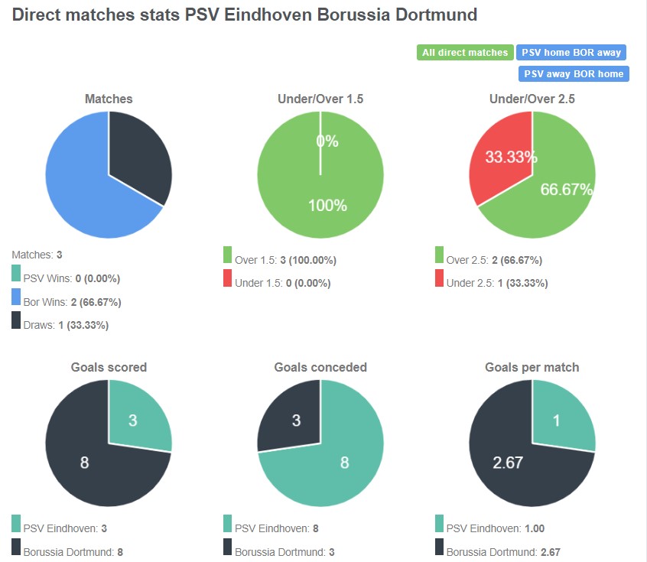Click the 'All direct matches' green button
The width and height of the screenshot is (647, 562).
[x=465, y=53]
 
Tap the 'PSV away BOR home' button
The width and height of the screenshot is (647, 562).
[x=574, y=74]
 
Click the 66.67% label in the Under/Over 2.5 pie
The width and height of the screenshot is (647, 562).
[x=567, y=190]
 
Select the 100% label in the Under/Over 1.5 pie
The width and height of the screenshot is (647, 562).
[x=327, y=205]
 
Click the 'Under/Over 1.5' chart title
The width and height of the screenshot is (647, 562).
[x=320, y=99]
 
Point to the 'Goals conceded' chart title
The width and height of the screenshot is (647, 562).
[x=320, y=367]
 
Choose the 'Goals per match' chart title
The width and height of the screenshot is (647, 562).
[x=532, y=367]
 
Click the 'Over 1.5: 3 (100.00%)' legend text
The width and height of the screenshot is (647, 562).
[x=285, y=260]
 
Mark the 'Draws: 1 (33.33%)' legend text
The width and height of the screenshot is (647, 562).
[x=66, y=325]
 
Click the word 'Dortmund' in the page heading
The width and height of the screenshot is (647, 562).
[x=439, y=15]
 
